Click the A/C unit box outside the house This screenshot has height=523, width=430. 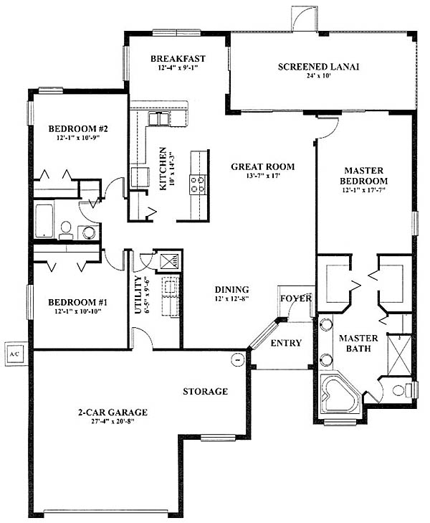(15, 354)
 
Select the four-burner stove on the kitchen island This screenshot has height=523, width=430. (197, 184)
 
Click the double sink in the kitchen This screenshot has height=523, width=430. (158, 119)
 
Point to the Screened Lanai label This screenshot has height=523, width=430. (318, 67)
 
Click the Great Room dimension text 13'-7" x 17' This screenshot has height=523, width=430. (263, 176)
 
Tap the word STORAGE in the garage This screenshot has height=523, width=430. (205, 391)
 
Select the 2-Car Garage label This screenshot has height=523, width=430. (113, 413)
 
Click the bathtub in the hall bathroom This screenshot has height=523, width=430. (44, 220)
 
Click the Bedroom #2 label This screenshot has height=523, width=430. (78, 128)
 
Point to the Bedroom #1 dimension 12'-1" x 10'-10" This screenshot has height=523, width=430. (78, 311)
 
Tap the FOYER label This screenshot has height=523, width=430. (296, 298)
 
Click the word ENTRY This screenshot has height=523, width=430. (286, 343)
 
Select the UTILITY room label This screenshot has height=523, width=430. (138, 295)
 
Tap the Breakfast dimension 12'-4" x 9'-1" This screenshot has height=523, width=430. (178, 67)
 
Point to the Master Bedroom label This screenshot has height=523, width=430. (363, 176)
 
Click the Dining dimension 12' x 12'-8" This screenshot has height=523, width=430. (231, 298)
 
